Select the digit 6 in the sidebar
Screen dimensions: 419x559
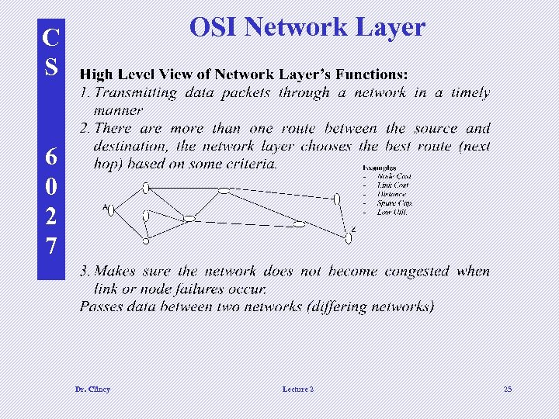click(x=50, y=157)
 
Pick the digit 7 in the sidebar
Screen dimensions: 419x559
click(x=50, y=247)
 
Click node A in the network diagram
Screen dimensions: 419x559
click(x=111, y=209)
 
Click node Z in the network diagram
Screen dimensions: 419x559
click(x=349, y=238)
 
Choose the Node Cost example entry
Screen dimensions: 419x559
click(x=394, y=177)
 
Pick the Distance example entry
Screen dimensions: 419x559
click(x=391, y=194)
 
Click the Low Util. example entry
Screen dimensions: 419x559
click(x=392, y=212)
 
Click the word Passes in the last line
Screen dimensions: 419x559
click(x=102, y=306)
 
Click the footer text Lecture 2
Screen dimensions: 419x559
click(x=298, y=389)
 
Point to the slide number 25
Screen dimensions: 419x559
click(x=508, y=389)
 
